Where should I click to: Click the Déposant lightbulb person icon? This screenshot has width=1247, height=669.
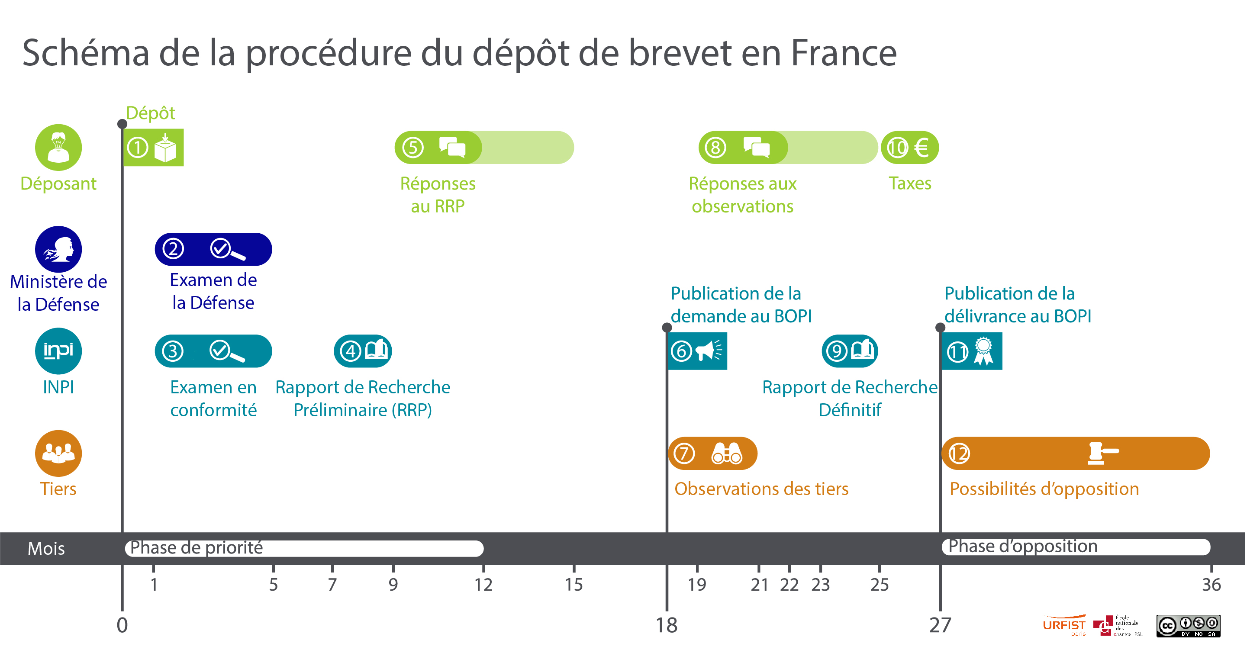coord(58,147)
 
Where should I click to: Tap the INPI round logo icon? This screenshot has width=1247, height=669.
coord(58,351)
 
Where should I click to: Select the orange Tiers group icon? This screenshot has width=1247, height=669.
coord(58,453)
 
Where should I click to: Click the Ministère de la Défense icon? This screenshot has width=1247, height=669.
coord(58,249)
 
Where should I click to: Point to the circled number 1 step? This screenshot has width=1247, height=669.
coord(138,147)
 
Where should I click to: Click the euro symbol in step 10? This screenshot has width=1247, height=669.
coord(921,147)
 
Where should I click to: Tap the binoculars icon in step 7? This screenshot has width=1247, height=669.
coord(726,453)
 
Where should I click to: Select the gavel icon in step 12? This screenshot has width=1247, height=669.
coord(1102,453)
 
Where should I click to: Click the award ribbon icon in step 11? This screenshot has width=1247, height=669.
coord(983,351)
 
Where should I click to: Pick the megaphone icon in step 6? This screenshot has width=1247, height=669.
coord(708,351)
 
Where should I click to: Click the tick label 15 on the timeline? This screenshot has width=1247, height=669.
coord(574,585)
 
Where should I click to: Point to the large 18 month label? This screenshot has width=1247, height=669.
coord(666,625)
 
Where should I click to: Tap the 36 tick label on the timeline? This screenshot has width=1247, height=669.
coord(1211,585)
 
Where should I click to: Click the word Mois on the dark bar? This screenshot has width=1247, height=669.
coord(46,548)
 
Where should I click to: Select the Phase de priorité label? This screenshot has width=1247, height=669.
coord(196,547)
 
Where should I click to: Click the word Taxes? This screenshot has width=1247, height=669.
coord(909,183)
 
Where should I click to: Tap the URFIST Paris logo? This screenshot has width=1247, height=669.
coord(1064,626)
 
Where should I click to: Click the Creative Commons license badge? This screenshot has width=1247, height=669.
coord(1188,626)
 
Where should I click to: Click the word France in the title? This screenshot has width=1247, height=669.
coord(843,53)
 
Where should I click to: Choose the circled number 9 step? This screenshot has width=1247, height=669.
coord(837,351)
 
